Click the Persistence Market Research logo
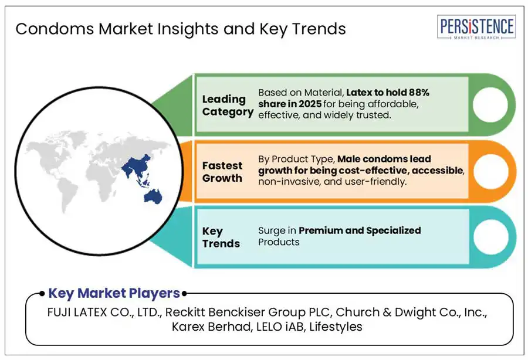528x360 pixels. point(476,27)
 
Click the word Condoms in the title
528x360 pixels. point(55,29)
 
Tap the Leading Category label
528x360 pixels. point(228,106)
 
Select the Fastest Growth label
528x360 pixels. point(222,172)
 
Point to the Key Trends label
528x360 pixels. point(221,237)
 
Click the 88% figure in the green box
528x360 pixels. point(419,92)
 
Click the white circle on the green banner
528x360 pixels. point(490,104)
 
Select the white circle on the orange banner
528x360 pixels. point(490,171)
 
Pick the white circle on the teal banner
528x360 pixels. point(490,237)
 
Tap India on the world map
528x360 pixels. point(127,170)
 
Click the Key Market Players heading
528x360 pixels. point(114,293)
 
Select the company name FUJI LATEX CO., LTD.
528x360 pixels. point(105,313)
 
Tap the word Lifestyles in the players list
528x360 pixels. point(336,327)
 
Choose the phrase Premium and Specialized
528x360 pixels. point(360,230)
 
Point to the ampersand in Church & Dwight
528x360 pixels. point(387,313)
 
